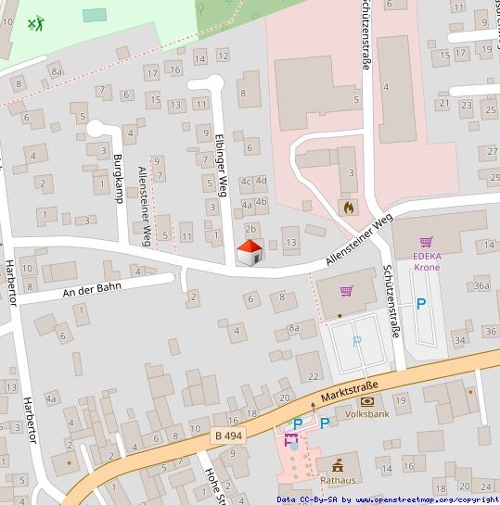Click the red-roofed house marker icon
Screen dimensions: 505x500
250,252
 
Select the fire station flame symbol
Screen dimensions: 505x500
348,207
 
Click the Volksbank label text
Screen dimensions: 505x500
367,415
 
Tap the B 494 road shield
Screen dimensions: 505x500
228,436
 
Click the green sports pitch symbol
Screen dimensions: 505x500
35,22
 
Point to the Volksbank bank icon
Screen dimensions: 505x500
367,401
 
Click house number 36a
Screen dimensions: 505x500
481,286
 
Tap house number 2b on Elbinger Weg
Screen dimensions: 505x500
250,228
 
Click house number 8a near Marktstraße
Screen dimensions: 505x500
295,327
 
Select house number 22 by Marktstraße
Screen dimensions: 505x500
314,375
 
